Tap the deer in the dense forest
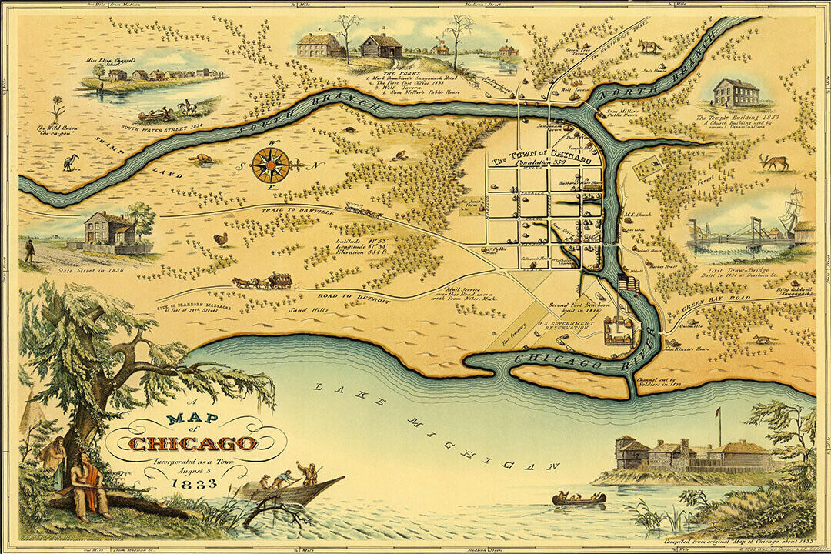point(774,162)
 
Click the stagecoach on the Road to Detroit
point(264,281)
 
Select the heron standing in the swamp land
point(72,162)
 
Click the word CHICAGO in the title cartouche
point(193,443)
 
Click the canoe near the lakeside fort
point(579,499)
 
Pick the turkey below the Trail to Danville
point(221,239)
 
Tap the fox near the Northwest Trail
point(648,47)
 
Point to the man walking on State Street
point(30,250)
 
